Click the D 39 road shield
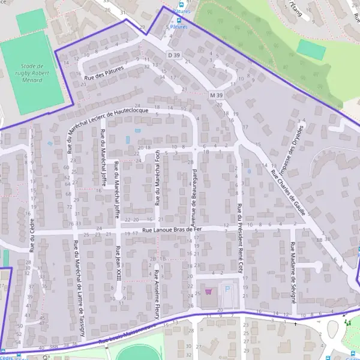174,55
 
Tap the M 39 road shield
217,95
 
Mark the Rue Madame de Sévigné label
292,272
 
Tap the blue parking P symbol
227,289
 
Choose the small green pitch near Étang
311,49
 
